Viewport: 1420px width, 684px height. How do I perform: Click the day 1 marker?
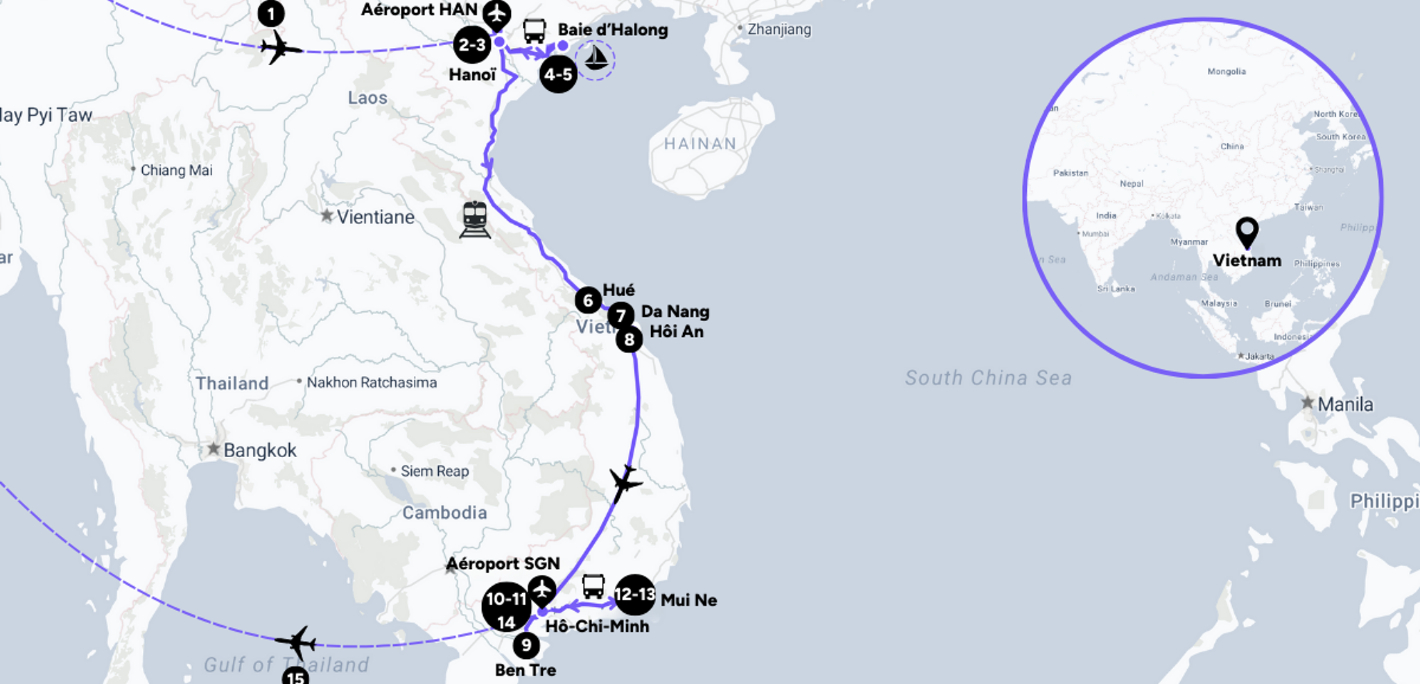[x=270, y=13]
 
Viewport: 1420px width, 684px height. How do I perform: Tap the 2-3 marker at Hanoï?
[x=471, y=45]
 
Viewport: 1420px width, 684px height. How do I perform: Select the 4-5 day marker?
[x=558, y=74]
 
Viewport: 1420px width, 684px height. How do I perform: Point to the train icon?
[x=475, y=219]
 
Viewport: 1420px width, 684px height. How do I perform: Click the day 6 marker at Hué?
[x=588, y=300]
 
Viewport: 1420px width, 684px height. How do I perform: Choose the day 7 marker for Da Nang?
[x=621, y=316]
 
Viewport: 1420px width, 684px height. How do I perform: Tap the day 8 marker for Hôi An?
[x=629, y=339]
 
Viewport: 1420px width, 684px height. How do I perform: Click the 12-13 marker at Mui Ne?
[x=634, y=595]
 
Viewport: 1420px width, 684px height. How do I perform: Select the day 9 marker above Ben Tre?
[x=526, y=646]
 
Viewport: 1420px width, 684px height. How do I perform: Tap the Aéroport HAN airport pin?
[x=496, y=15]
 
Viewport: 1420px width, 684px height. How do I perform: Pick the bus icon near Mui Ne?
[x=593, y=586]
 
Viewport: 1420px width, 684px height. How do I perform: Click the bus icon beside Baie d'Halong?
[x=534, y=31]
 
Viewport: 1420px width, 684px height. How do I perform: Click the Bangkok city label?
[x=259, y=450]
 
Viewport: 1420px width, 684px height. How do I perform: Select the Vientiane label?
[x=375, y=217]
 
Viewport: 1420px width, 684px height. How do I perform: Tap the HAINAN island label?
[x=700, y=144]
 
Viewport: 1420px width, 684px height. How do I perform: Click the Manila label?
[x=1344, y=404]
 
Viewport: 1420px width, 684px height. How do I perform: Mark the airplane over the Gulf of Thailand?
[x=297, y=642]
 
